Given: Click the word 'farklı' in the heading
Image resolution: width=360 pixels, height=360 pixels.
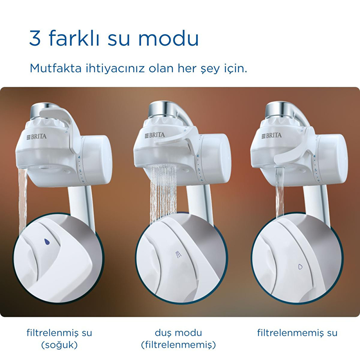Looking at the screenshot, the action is [x=74, y=38].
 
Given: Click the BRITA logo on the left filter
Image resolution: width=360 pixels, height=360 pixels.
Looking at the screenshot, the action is [x=36, y=136].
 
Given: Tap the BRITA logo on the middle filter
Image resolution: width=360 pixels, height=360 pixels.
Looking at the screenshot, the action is [x=155, y=135].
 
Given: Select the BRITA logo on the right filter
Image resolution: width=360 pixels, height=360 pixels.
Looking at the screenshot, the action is [x=271, y=135].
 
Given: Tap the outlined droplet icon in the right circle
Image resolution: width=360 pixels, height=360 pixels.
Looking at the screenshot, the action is [x=300, y=266].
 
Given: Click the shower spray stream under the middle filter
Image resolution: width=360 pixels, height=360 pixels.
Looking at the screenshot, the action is [x=163, y=193].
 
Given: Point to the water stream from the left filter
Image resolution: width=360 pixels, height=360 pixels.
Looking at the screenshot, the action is [x=23, y=199].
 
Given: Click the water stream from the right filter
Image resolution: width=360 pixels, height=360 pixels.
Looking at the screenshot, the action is [x=280, y=192].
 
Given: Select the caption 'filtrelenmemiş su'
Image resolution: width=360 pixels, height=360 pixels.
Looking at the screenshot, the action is [x=297, y=333].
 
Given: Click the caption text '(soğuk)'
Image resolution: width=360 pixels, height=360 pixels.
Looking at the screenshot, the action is [x=59, y=345].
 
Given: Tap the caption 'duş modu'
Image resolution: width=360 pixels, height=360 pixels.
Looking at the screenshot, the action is [x=179, y=333].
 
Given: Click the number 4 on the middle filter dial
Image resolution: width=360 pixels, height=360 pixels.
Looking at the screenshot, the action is [x=198, y=156].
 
